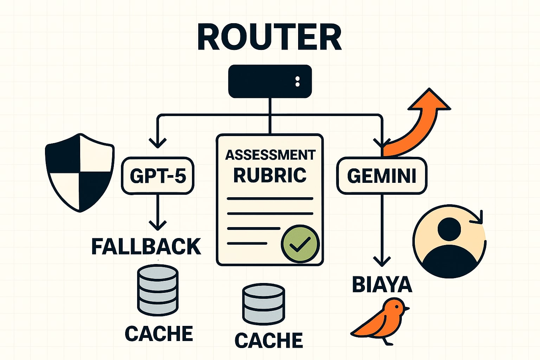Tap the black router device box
270,81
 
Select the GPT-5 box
158,176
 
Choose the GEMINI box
382,176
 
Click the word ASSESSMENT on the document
270,155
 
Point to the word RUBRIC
270,175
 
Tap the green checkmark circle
300,243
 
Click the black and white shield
80,172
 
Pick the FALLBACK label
146,246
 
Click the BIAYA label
382,284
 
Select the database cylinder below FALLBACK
157,290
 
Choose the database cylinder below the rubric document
263,305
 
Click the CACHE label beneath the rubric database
269,340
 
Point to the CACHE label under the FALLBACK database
159,333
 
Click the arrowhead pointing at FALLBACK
157,225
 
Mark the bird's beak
406,308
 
